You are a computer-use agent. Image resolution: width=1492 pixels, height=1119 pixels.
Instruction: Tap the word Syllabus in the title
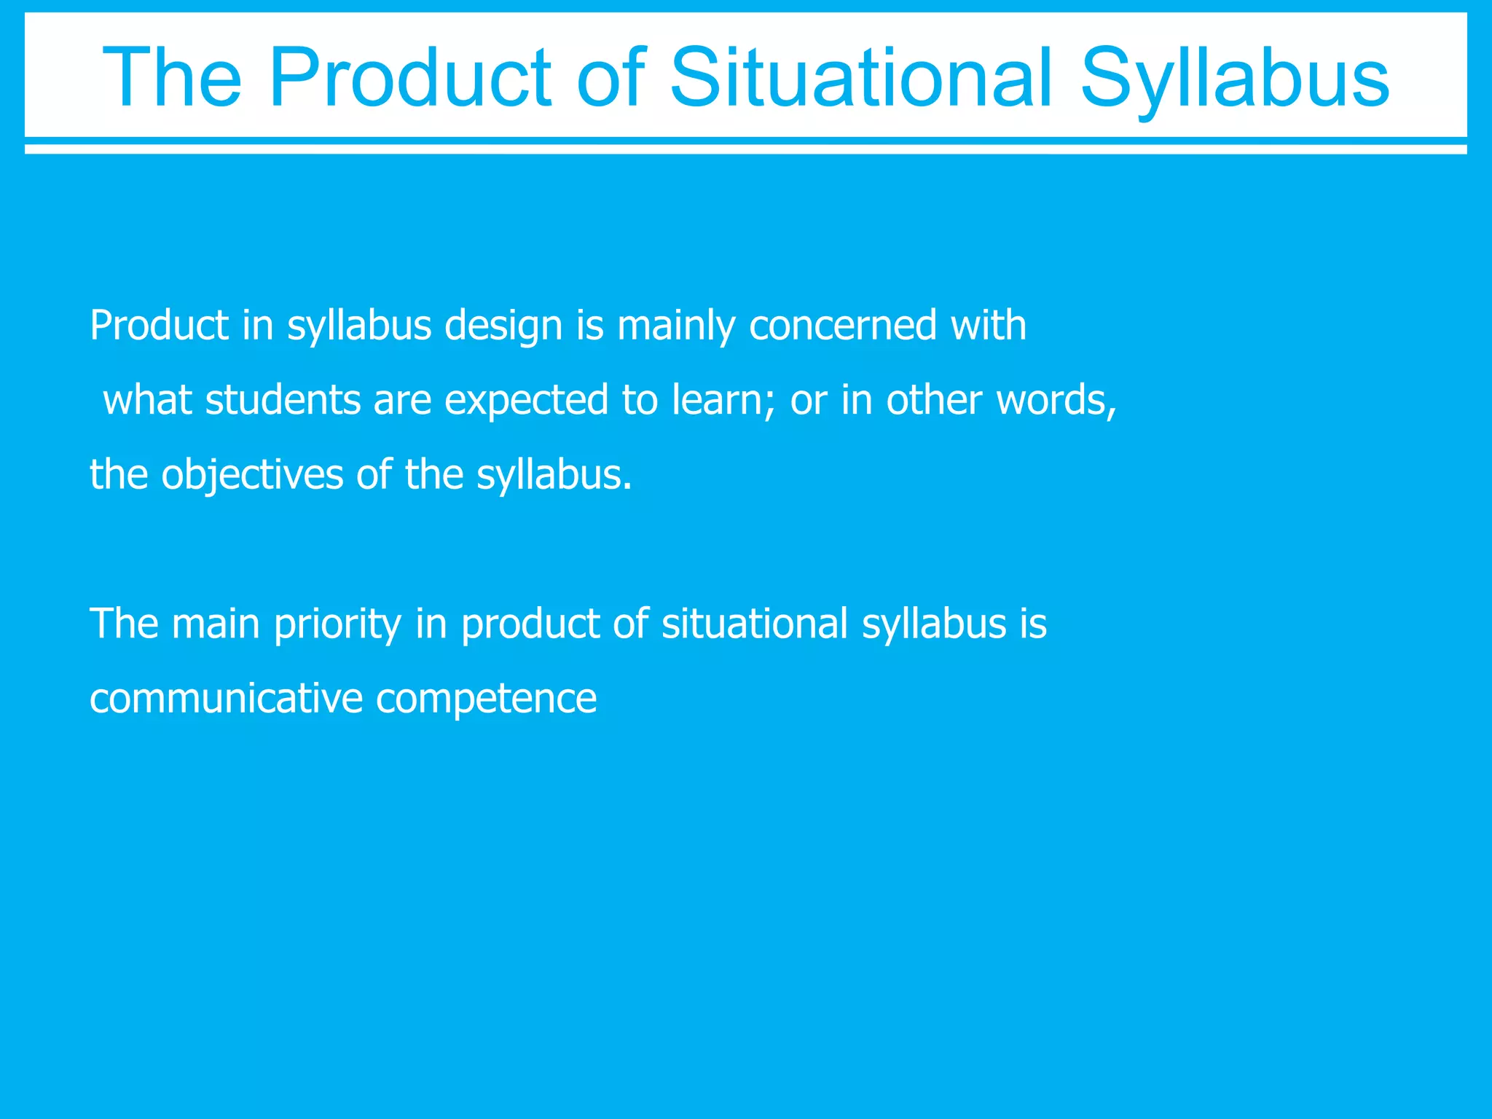pos(1235,79)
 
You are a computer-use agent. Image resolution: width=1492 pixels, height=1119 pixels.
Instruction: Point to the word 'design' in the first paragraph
pos(503,326)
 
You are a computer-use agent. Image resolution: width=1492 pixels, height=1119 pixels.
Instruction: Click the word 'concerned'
pos(842,326)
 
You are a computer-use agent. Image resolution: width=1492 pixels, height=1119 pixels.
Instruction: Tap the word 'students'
pos(283,400)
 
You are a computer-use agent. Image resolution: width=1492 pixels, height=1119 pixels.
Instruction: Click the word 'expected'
pos(526,401)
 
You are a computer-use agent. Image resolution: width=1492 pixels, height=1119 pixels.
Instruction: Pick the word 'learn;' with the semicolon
pos(723,400)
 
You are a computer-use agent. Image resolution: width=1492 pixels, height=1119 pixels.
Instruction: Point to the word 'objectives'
pos(252,476)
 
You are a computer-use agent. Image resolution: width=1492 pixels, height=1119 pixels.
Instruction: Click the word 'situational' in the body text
pos(755,624)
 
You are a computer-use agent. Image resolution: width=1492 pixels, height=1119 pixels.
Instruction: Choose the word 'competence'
pos(486,699)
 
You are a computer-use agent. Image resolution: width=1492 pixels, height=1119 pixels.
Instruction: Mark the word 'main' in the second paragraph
pos(215,624)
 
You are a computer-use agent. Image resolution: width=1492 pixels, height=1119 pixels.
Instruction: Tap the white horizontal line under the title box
pos(746,149)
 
